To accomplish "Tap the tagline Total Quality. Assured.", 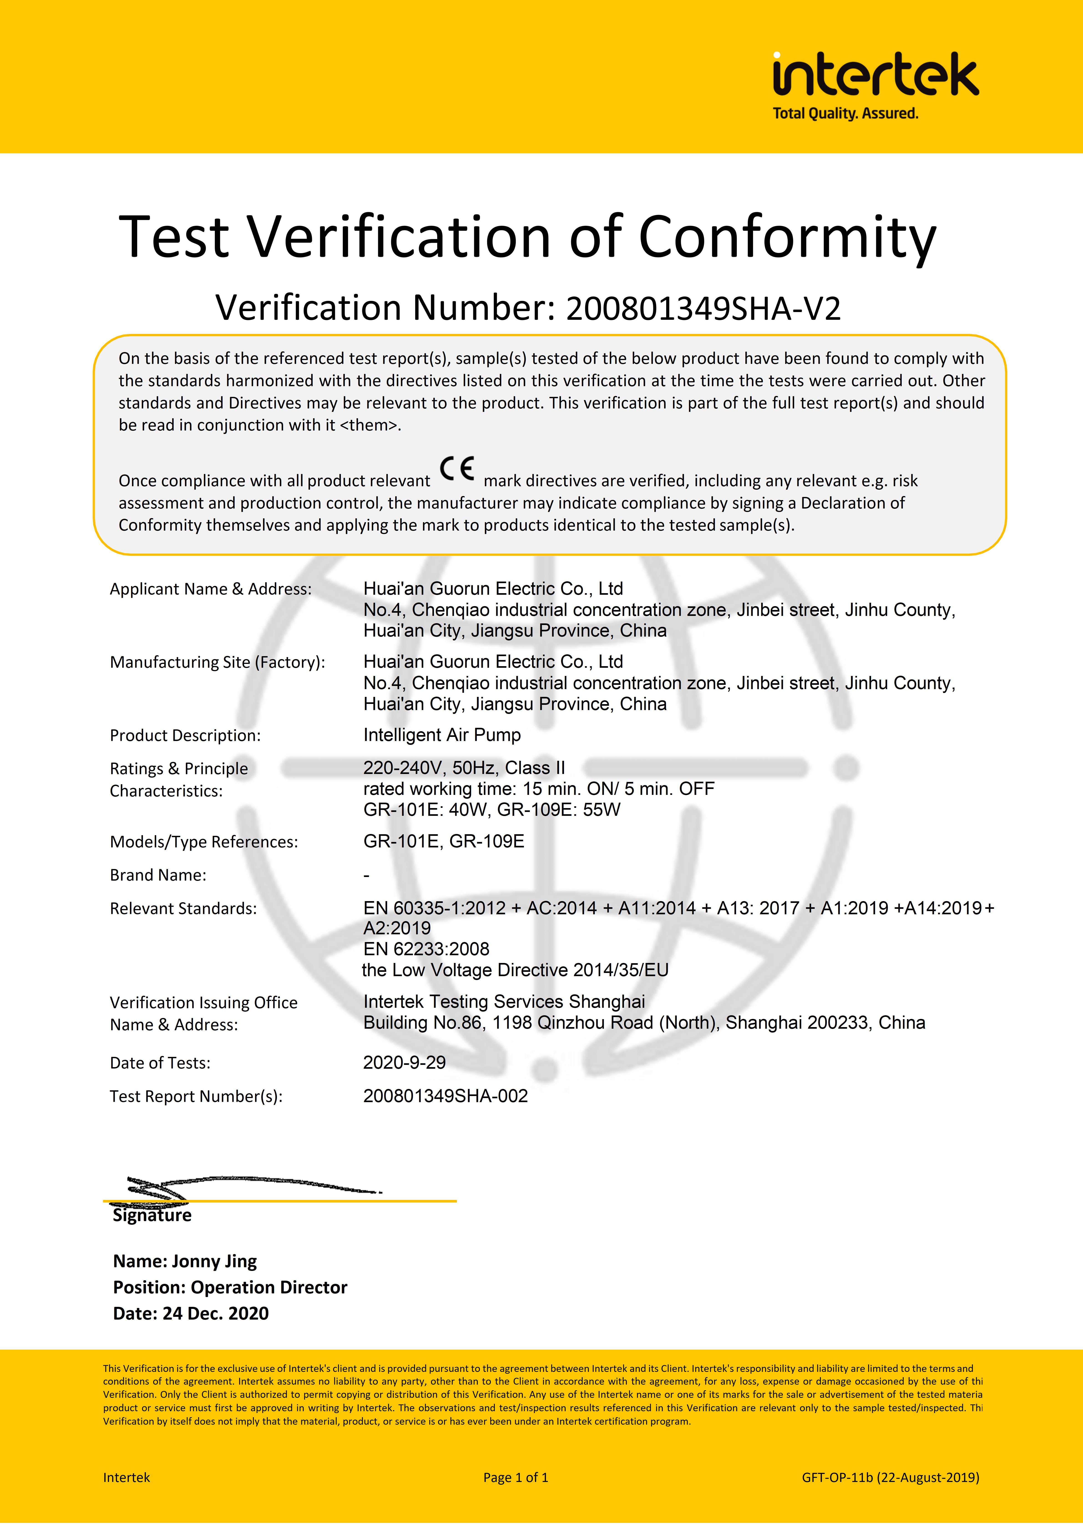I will point(845,113).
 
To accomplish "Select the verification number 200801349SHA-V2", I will point(703,308).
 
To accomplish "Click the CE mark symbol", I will point(457,469).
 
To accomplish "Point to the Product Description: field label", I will point(185,735).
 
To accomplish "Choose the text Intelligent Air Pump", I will point(442,735).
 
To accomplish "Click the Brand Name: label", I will point(158,875).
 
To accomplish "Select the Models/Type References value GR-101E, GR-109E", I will point(443,842).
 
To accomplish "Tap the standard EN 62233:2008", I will point(426,949).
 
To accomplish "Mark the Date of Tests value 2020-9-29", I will point(404,1062).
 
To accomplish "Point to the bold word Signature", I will point(152,1215).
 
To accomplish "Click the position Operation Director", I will point(268,1287).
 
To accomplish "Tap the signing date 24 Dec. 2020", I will point(215,1313).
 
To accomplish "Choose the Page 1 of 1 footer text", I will point(516,1477).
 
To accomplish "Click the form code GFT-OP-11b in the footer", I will point(837,1477).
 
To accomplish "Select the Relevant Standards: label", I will point(183,908).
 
